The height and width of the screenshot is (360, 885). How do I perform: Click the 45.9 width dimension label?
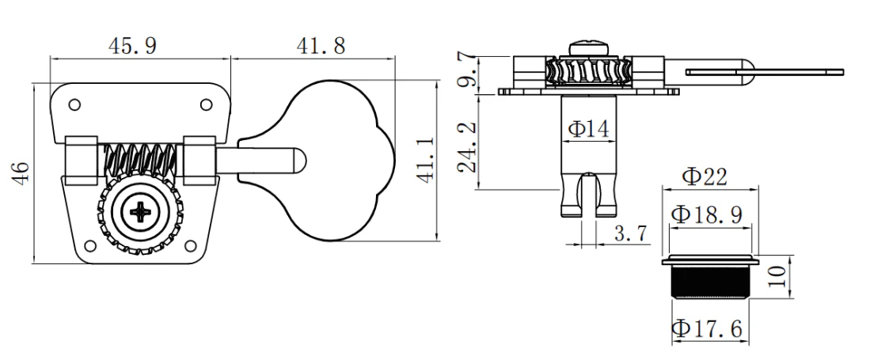tap(131, 46)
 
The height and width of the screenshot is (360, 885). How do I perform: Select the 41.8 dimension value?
tap(320, 46)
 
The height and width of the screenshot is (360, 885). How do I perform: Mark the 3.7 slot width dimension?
tap(630, 233)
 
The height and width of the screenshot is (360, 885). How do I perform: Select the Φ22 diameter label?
tap(706, 177)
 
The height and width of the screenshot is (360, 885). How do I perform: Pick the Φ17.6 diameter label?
tap(707, 328)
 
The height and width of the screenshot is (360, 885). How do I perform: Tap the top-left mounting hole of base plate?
tap(74, 104)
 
